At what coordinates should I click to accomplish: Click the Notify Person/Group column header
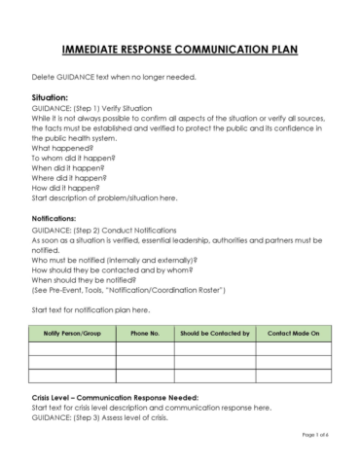pos(73,334)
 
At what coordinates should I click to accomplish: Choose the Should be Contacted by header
pos(216,334)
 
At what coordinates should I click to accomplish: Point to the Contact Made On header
pos(293,334)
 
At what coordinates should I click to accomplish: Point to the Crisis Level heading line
pos(115,397)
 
